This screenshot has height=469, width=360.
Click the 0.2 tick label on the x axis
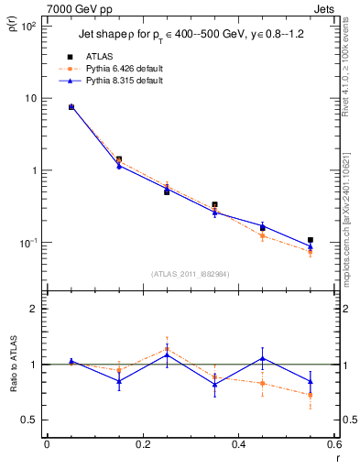click(x=142, y=444)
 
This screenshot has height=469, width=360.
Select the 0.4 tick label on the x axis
click(x=238, y=444)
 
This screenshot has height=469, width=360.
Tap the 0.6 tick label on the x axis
click(x=333, y=444)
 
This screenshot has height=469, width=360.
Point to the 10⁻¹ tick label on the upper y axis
click(x=28, y=243)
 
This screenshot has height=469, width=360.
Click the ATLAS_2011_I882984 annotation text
click(x=190, y=273)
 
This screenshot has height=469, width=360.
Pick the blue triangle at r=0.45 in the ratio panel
click(x=262, y=358)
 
